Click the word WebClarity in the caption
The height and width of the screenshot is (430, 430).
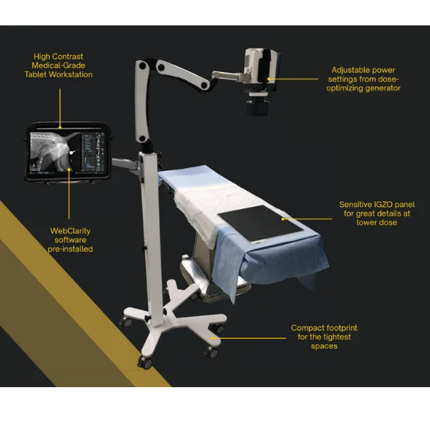click(70, 231)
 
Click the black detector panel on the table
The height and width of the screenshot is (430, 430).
click(261, 223)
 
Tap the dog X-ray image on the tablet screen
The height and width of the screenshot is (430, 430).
click(55, 152)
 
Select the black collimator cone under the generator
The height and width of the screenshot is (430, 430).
click(257, 107)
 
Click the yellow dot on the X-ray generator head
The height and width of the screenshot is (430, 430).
click(269, 79)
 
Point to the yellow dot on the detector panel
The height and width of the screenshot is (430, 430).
click(283, 219)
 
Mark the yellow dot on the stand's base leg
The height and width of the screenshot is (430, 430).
click(212, 338)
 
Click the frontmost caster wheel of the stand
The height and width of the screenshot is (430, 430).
click(144, 363)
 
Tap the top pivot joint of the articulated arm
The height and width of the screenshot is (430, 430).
click(142, 66)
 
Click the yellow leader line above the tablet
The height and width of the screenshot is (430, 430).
click(60, 107)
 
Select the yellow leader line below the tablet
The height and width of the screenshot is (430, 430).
click(69, 194)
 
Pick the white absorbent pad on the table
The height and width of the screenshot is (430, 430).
click(208, 208)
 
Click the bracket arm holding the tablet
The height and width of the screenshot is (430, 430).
click(126, 165)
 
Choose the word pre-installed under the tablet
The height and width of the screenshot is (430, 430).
click(70, 249)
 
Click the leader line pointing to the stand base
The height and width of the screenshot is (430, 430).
click(249, 338)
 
